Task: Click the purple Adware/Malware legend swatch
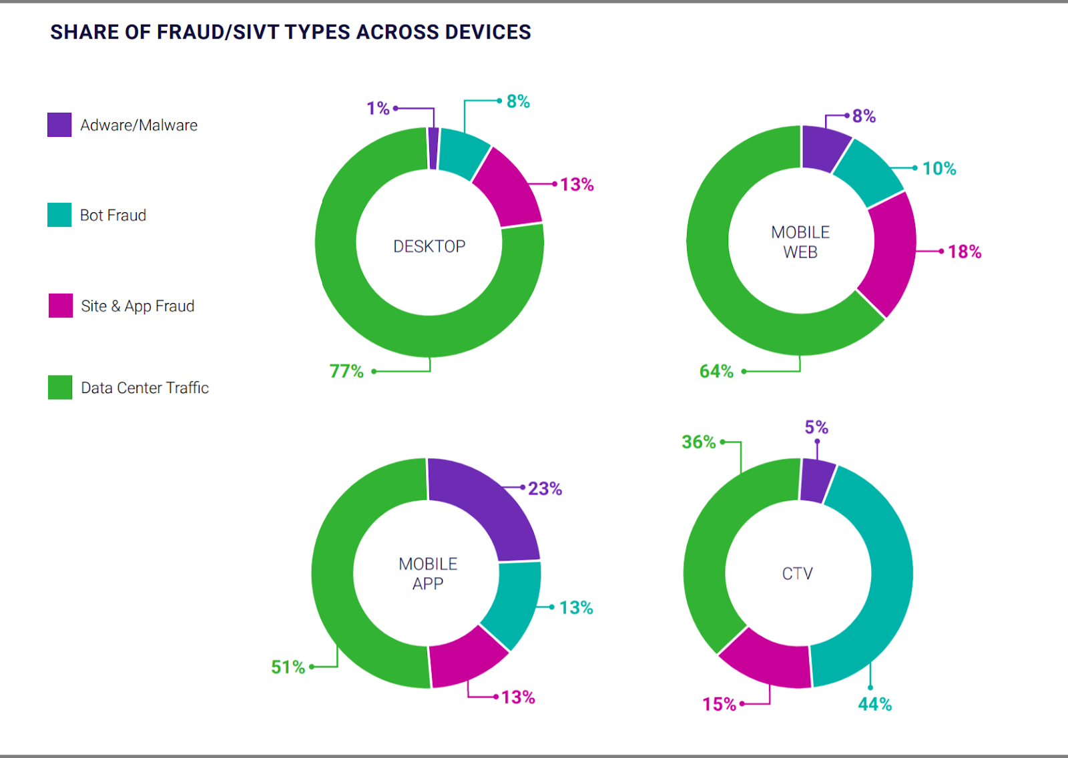click(59, 125)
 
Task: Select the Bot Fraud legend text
click(113, 215)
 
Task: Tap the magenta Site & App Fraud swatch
click(61, 306)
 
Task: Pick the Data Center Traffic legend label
click(144, 388)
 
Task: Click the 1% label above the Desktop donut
click(378, 108)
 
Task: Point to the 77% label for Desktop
click(346, 371)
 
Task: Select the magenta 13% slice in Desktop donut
click(510, 187)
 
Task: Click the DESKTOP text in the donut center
click(429, 246)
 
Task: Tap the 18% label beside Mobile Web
click(965, 252)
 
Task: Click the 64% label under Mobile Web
click(716, 371)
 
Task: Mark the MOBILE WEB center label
click(800, 242)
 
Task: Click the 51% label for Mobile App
click(288, 667)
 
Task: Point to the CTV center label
click(797, 573)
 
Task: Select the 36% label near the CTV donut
click(698, 442)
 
